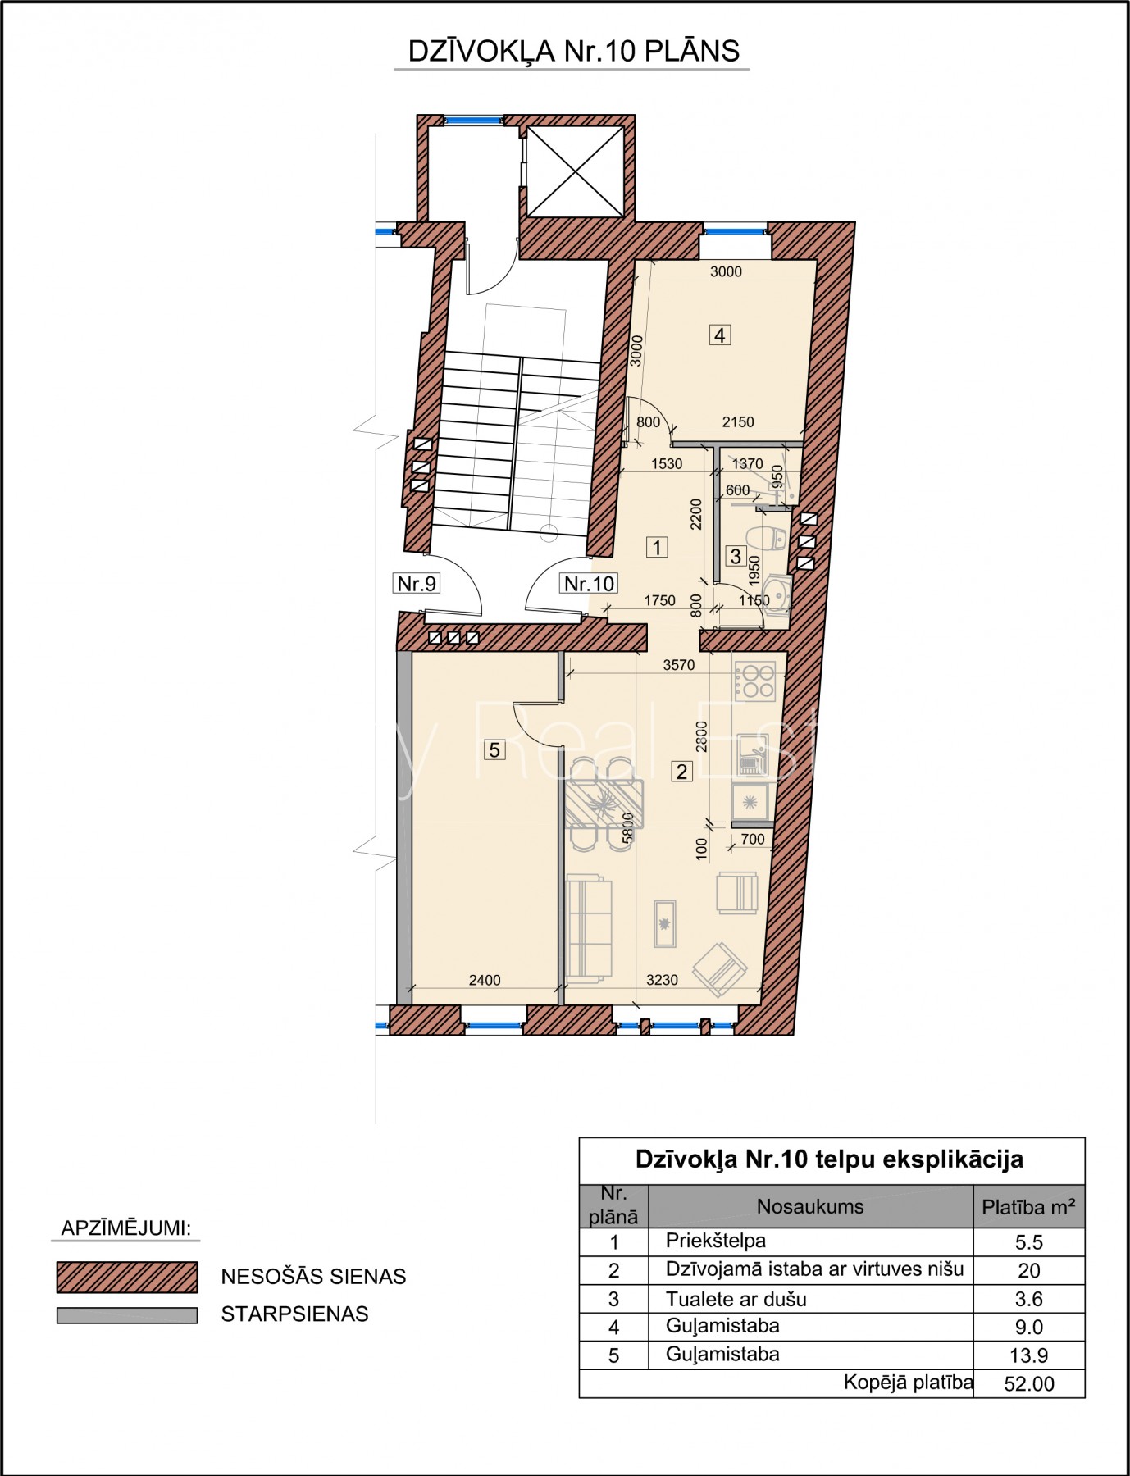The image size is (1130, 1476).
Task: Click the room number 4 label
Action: [719, 335]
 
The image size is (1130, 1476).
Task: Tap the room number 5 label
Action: [494, 749]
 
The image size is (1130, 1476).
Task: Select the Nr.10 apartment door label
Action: [589, 583]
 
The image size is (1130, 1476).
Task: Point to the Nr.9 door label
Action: [417, 583]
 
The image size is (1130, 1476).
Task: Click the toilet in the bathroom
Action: [771, 538]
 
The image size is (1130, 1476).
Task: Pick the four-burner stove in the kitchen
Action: [754, 680]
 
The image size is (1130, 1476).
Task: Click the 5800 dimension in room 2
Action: [628, 828]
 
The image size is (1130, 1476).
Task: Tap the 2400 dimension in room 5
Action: [484, 980]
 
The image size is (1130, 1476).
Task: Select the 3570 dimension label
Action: [679, 665]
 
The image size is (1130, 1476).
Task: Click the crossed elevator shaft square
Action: [575, 171]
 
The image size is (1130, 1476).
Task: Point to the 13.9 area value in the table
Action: [1029, 1355]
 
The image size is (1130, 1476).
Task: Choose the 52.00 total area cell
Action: [1029, 1384]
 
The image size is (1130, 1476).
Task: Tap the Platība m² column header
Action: [1029, 1207]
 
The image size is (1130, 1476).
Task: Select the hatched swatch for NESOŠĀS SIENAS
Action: [127, 1277]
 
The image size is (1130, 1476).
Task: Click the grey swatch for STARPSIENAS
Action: [127, 1315]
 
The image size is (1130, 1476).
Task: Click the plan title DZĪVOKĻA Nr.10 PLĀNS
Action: [573, 52]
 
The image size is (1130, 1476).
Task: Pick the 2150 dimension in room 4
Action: [738, 421]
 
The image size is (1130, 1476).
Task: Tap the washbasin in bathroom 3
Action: [777, 594]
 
